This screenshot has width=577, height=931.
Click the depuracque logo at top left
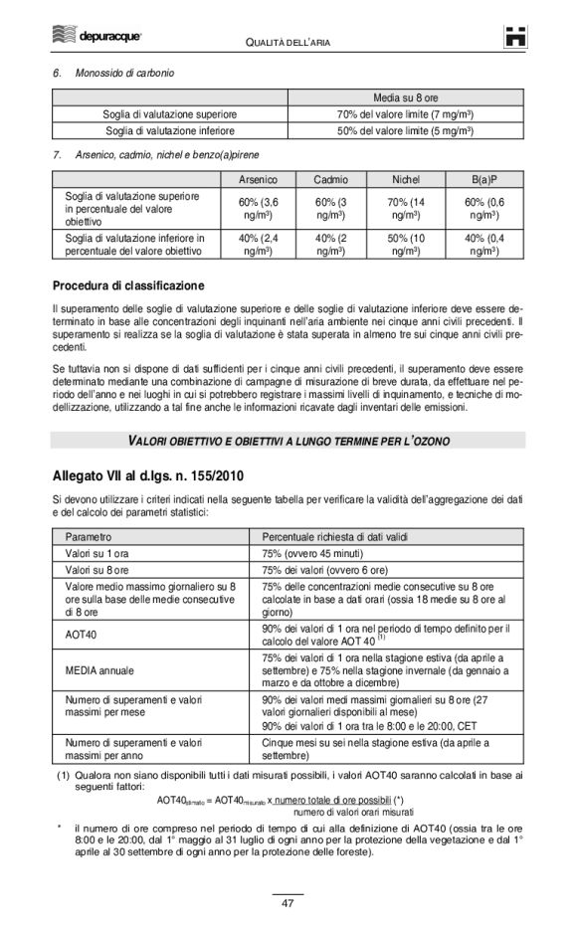pyautogui.click(x=96, y=37)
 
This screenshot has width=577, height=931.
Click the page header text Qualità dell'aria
pyautogui.click(x=288, y=41)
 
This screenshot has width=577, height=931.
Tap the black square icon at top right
pyautogui.click(x=513, y=37)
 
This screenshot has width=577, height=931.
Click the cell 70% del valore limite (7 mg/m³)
pyautogui.click(x=405, y=114)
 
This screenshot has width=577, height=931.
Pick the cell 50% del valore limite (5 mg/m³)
pyautogui.click(x=405, y=130)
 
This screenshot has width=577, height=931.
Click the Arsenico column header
pyautogui.click(x=259, y=180)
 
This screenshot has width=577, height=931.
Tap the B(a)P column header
pyautogui.click(x=484, y=180)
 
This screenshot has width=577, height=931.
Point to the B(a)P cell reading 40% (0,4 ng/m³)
pyautogui.click(x=484, y=245)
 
